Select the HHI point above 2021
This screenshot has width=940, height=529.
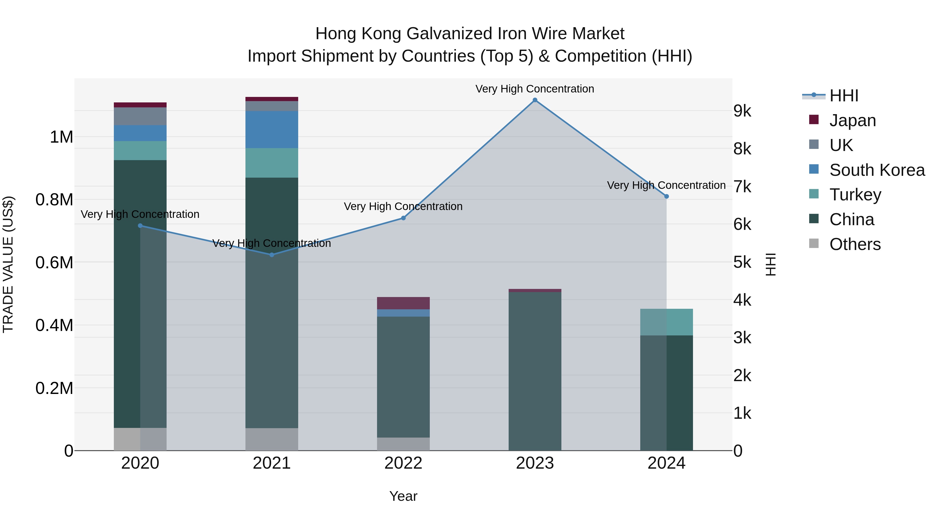pos(272,255)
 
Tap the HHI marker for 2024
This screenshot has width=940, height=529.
pos(666,196)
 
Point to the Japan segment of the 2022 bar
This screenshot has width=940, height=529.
pos(403,303)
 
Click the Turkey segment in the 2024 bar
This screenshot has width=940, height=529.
pos(666,322)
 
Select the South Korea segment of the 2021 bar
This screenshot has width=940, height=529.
pos(272,129)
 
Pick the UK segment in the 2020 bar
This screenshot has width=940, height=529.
pos(140,116)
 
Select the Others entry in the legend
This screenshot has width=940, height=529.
pos(855,244)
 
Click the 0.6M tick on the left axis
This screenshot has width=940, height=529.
pos(54,263)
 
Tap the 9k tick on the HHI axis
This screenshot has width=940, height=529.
pos(742,111)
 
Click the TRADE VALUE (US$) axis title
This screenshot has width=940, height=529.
pos(8,264)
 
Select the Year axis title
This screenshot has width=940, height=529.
pos(403,496)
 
